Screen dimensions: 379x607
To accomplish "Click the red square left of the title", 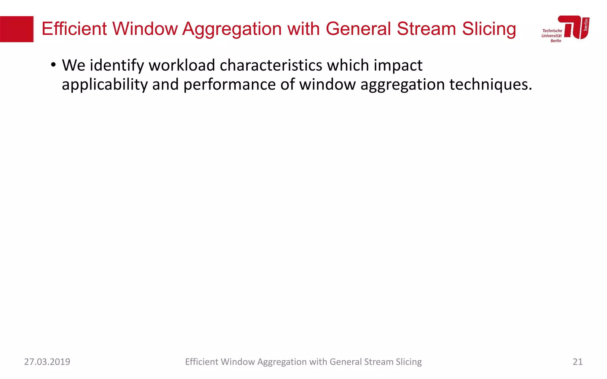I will click(x=17, y=29).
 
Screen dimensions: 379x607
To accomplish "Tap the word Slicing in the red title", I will click(x=489, y=29).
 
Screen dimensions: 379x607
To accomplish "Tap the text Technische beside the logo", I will click(x=552, y=31).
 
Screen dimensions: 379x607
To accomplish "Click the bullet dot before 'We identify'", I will click(x=53, y=65).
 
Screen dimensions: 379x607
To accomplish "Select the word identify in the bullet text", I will click(x=117, y=65).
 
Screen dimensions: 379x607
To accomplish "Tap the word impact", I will click(x=398, y=65).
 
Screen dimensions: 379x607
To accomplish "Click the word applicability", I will click(x=105, y=85).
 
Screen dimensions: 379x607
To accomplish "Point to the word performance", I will click(x=229, y=85).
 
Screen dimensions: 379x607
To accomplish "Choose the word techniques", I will click(x=491, y=85).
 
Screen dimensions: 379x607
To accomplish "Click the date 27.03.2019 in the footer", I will click(x=47, y=362).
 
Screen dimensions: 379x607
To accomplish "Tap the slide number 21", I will click(x=577, y=362).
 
